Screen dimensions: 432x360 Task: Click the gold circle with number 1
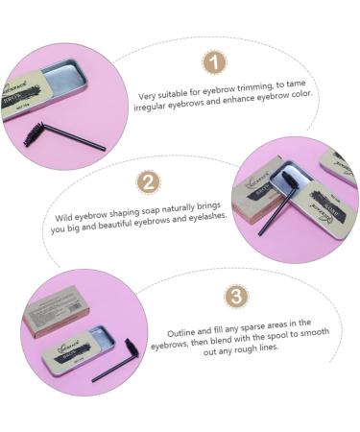(215, 63)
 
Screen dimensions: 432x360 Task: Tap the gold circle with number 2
(149, 181)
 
